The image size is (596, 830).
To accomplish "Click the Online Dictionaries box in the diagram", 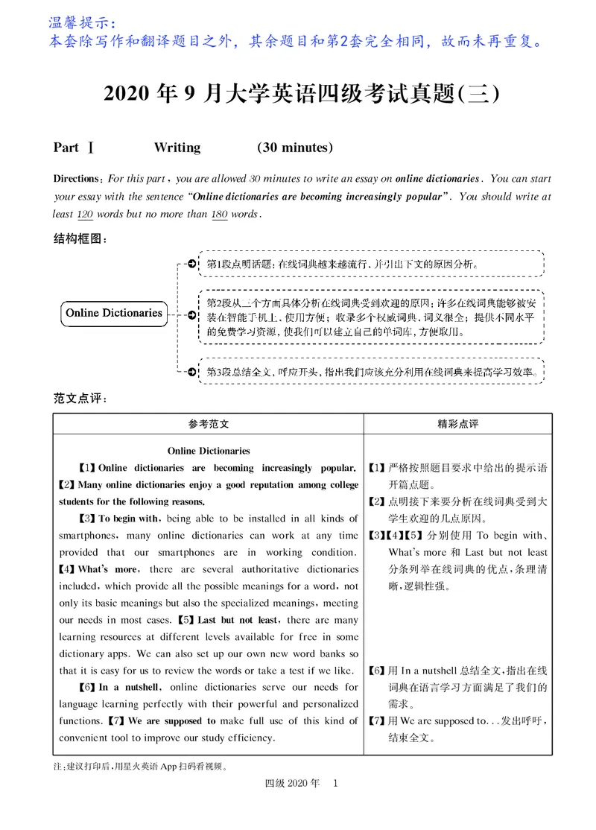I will tap(114, 313).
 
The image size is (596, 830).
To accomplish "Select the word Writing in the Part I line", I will tap(177, 148).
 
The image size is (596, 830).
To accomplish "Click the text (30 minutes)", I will tap(295, 148).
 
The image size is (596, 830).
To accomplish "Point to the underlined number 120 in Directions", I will tap(86, 214).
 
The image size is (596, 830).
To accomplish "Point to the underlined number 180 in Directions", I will tap(220, 214).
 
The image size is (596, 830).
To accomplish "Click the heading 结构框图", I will tap(80, 239).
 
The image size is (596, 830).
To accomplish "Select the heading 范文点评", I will tap(80, 397).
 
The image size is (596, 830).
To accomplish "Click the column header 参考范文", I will tap(209, 424).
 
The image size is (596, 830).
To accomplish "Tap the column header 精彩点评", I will tap(457, 424).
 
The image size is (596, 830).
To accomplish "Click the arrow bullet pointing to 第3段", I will tap(192, 370).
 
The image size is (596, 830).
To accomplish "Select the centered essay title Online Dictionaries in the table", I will tap(209, 451).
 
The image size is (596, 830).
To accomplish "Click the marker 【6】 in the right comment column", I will tap(376, 671).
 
